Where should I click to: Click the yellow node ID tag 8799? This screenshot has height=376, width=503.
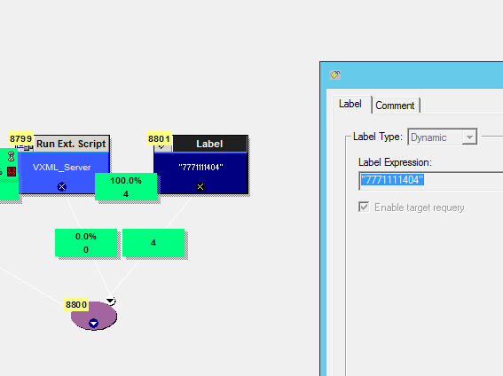(x=21, y=139)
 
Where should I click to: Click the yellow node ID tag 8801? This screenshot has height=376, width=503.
(x=159, y=139)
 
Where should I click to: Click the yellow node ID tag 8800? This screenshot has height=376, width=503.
(x=76, y=304)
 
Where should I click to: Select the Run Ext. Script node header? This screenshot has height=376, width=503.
(x=71, y=144)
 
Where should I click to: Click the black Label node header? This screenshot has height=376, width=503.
(x=209, y=144)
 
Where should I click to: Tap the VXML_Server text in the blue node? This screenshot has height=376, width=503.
(x=61, y=167)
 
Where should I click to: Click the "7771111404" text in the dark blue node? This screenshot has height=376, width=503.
(x=200, y=167)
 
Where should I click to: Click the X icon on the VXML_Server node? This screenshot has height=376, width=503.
(x=62, y=186)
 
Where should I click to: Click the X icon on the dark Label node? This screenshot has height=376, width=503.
(x=200, y=186)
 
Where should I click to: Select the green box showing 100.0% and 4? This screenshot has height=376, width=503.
(x=126, y=187)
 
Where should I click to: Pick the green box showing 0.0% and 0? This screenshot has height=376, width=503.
(x=86, y=243)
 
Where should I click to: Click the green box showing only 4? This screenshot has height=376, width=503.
(x=153, y=243)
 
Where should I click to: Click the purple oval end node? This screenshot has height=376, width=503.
(x=94, y=316)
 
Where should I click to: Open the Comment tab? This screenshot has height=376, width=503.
(x=395, y=106)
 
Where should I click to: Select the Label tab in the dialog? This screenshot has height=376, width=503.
(x=350, y=104)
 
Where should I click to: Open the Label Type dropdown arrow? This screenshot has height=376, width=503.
(x=469, y=137)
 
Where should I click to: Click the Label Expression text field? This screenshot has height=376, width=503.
(x=430, y=180)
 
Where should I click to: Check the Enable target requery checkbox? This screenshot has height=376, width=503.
(x=364, y=208)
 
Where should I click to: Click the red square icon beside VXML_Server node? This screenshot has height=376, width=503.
(x=12, y=171)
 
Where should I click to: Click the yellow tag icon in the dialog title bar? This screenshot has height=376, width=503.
(x=335, y=74)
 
